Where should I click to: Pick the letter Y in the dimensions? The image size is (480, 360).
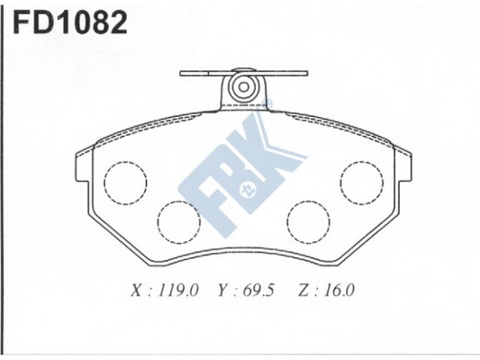pos(222,291)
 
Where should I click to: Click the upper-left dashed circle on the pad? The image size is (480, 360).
pos(125,182)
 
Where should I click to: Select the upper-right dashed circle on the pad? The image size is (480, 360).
pos(361,181)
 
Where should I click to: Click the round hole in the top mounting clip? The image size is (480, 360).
pos(241,87)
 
